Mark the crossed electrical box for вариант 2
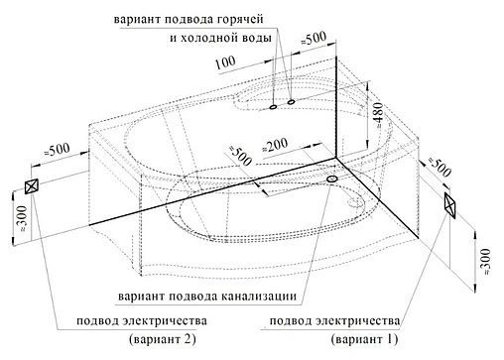click(x=30, y=187)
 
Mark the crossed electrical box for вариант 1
click(x=451, y=205)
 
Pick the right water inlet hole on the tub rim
click(x=291, y=101)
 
